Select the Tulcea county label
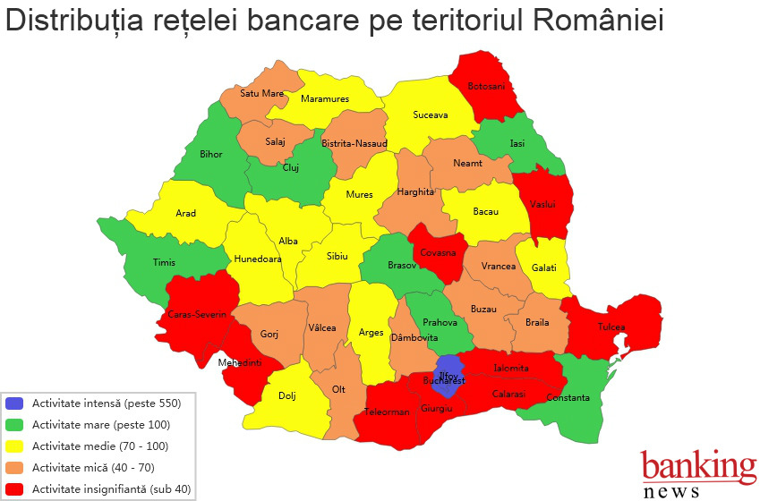point(611,327)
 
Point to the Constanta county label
point(568,397)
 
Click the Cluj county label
point(291,167)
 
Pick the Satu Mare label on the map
point(261,92)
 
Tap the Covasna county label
point(439,253)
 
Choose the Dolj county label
point(286,395)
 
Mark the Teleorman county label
point(387,412)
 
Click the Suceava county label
point(430,115)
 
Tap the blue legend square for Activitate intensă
point(14,403)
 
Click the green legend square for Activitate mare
point(14,425)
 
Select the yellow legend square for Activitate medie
point(14,446)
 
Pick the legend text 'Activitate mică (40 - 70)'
point(91,467)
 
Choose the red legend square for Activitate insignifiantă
point(14,488)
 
